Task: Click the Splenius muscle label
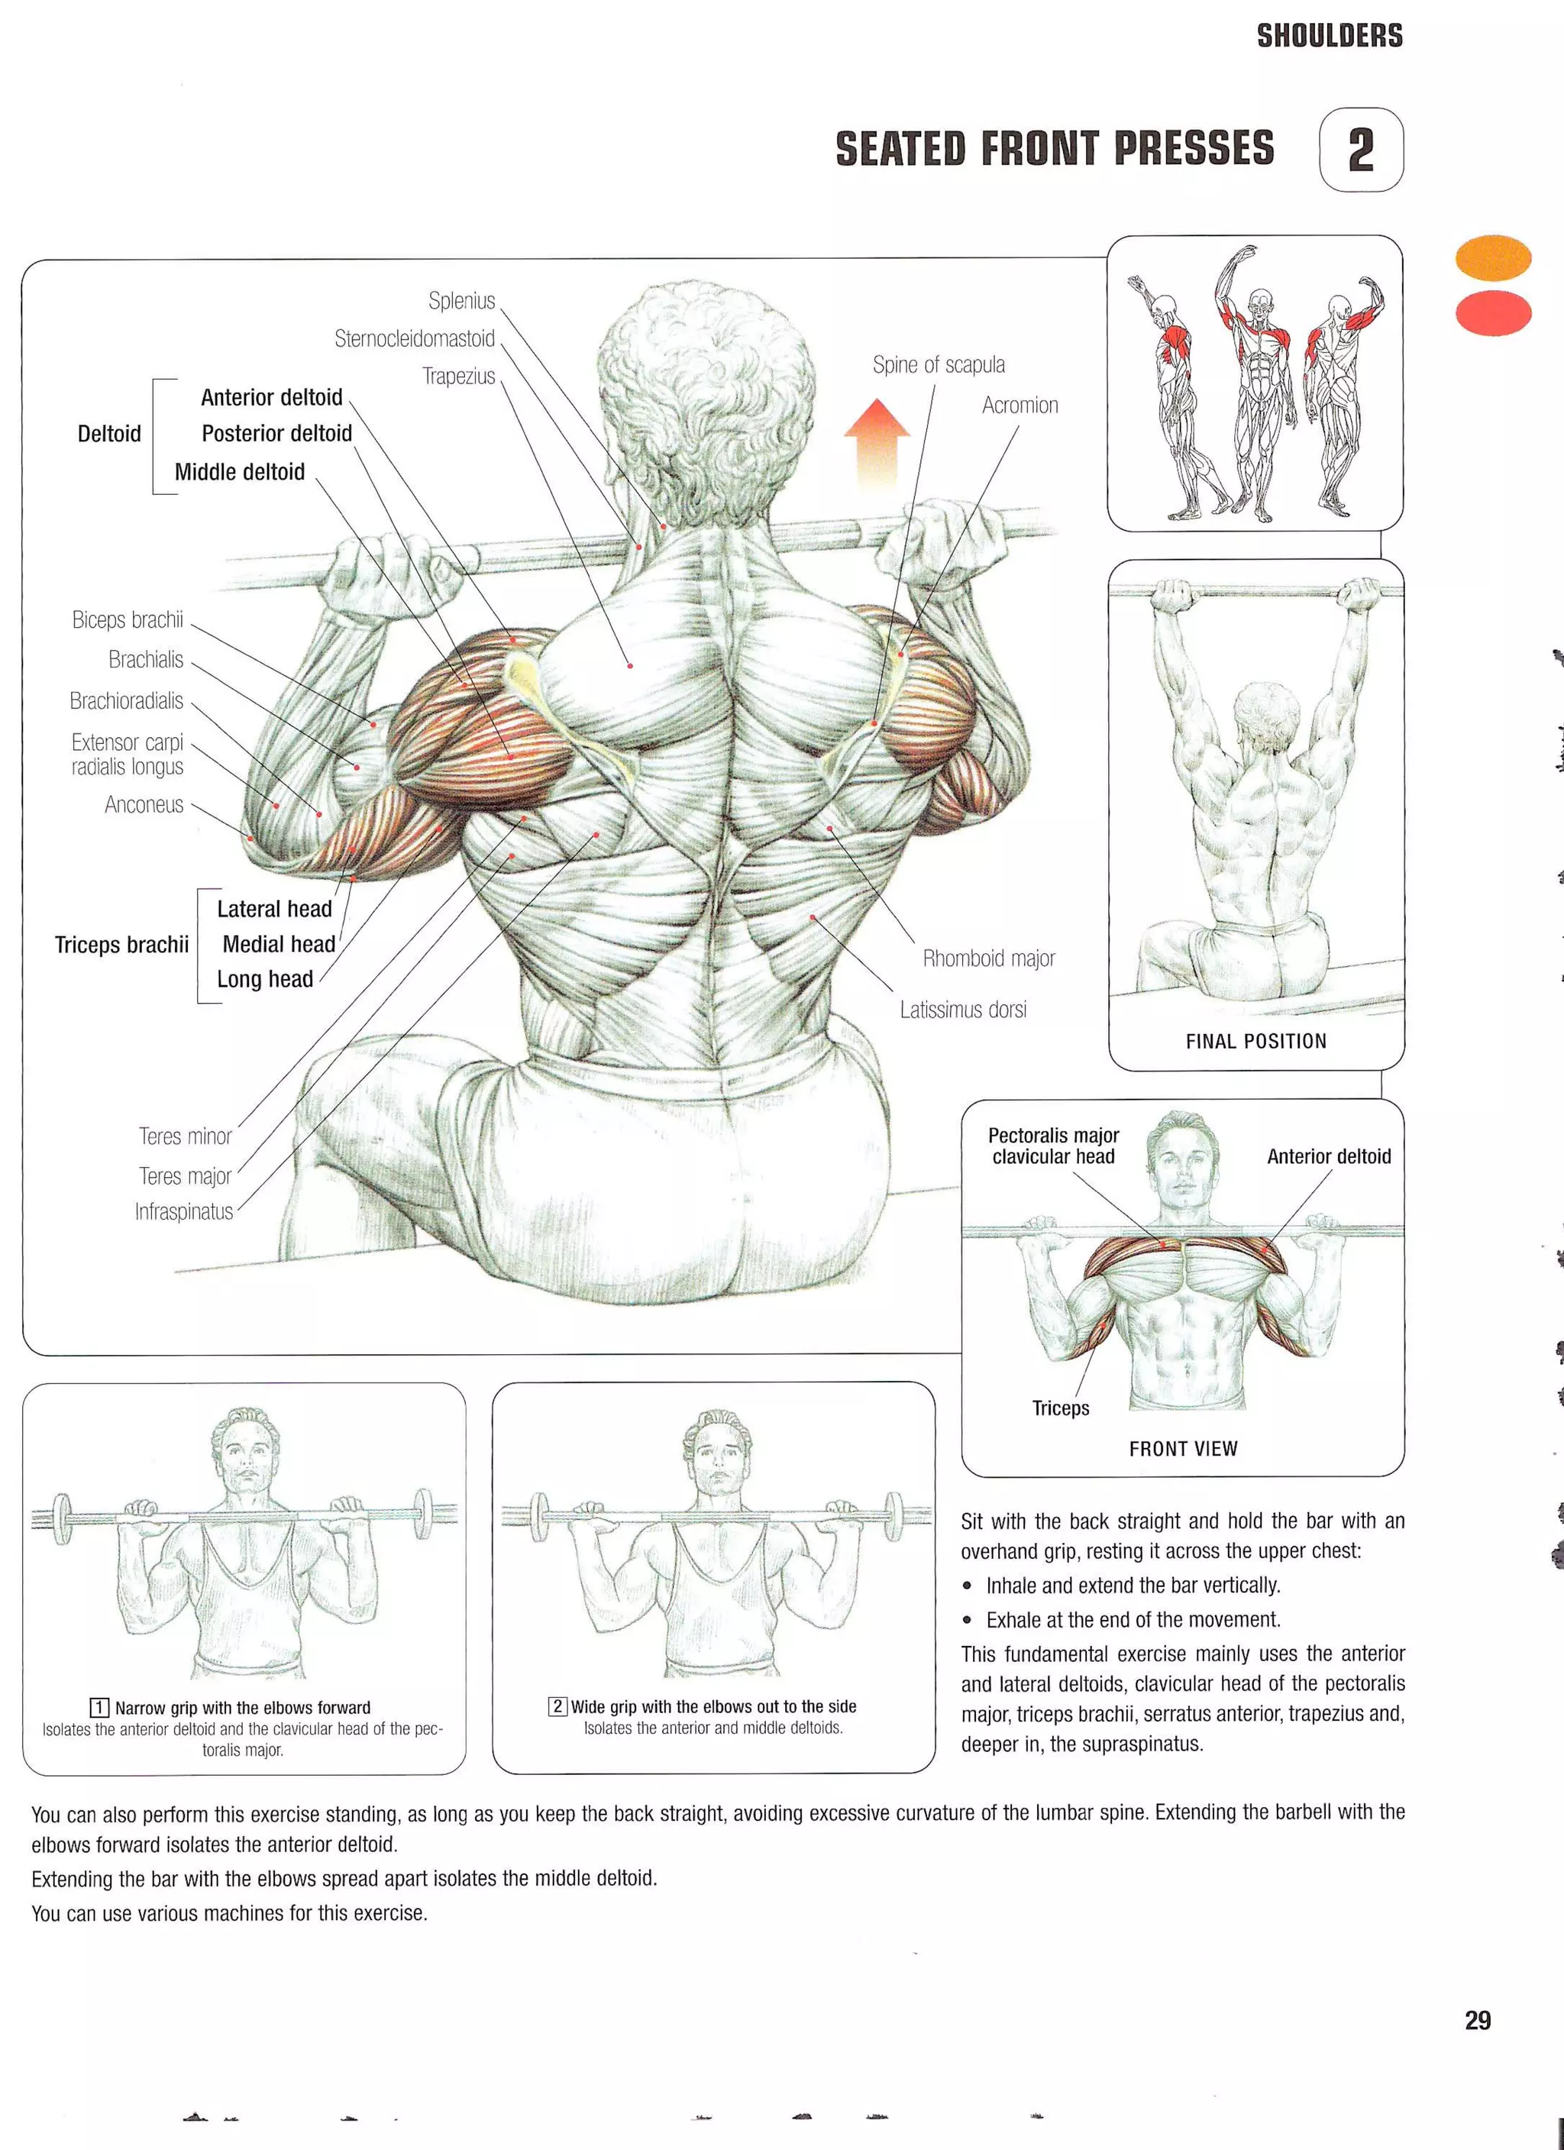461,302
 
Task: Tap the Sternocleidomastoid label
414,339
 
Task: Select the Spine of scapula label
939,365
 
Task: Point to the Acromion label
1020,406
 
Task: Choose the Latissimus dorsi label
963,1010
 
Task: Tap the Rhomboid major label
989,959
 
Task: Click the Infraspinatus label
184,1211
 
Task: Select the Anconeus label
144,805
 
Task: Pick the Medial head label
279,944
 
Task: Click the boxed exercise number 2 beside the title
1361,150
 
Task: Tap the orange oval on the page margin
1493,258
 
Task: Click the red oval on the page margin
1493,314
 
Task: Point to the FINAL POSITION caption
1256,1041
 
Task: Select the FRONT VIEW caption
1183,1449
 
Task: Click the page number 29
1478,2020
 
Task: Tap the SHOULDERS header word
1329,36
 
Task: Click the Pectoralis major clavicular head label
1053,1145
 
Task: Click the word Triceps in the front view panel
1061,1408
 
